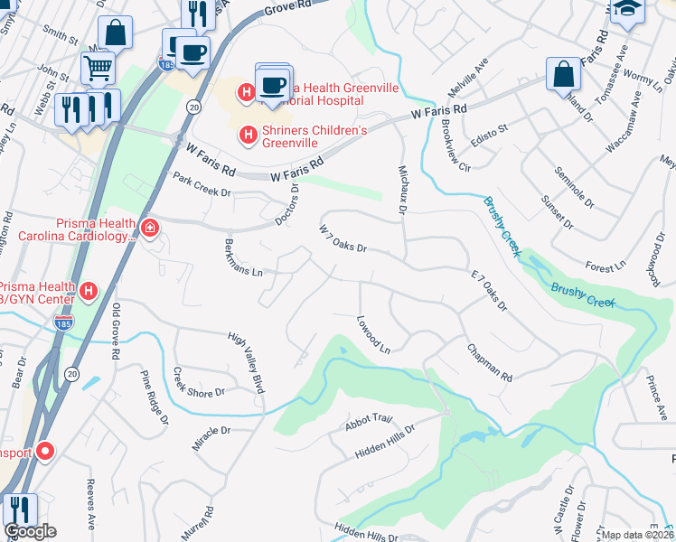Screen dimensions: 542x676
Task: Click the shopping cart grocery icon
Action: (98, 66)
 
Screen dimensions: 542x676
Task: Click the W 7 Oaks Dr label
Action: (342, 238)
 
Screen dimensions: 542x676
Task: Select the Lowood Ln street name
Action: (372, 333)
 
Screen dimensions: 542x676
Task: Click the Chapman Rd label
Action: (489, 361)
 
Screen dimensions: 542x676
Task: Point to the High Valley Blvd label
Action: (246, 363)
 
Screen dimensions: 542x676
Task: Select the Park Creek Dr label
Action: (202, 185)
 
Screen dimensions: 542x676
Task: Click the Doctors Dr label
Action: (289, 203)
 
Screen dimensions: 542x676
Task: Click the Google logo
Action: (31, 531)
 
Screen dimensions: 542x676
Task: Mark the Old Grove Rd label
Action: (116, 330)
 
